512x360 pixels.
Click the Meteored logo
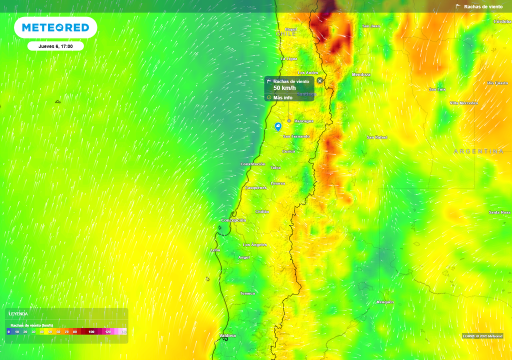pyautogui.click(x=55, y=27)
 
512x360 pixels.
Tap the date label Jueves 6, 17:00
pyautogui.click(x=55, y=46)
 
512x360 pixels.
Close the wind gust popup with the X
pyautogui.click(x=320, y=81)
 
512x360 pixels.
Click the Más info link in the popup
pyautogui.click(x=282, y=97)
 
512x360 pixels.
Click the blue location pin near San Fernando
pyautogui.click(x=278, y=127)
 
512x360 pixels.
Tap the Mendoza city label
pyautogui.click(x=361, y=74)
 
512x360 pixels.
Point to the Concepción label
pyautogui.click(x=233, y=220)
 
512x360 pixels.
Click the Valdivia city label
pyautogui.click(x=227, y=335)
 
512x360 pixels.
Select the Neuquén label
pyautogui.click(x=385, y=302)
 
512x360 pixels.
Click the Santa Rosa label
pyautogui.click(x=499, y=212)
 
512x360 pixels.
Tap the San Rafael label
pyautogui.click(x=377, y=137)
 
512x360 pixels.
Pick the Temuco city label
pyautogui.click(x=247, y=293)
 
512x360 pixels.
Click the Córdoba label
pyautogui.click(x=502, y=21)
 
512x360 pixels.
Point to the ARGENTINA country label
pyautogui.click(x=478, y=151)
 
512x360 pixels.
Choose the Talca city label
pyautogui.click(x=275, y=167)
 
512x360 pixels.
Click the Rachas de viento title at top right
pyautogui.click(x=483, y=7)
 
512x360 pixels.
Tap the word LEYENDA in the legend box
pyautogui.click(x=18, y=314)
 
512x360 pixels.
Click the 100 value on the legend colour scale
pyautogui.click(x=91, y=331)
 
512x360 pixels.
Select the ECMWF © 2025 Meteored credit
pyautogui.click(x=482, y=336)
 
